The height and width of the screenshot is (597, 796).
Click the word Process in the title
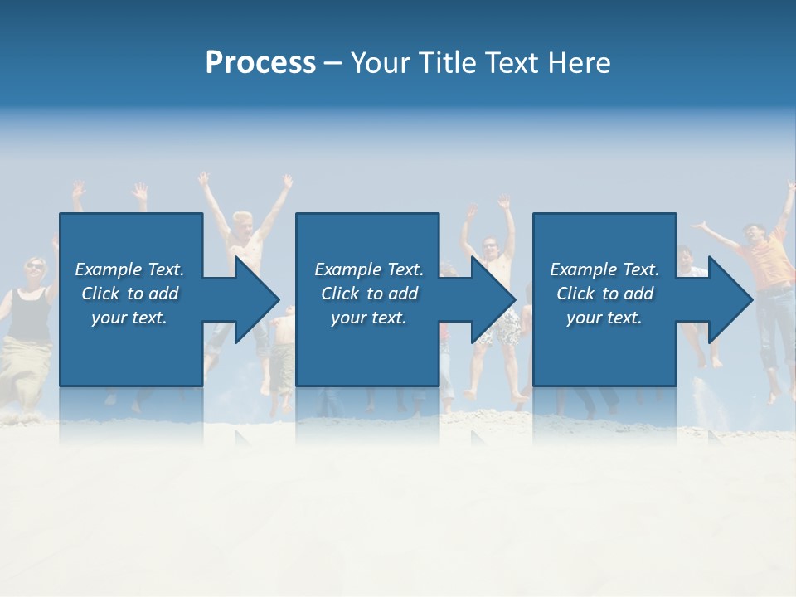point(260,63)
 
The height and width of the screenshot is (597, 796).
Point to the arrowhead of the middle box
point(493,299)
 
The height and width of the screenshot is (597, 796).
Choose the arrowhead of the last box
point(730,299)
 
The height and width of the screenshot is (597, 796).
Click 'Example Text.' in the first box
point(129,269)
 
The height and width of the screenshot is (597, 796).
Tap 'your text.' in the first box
point(129,318)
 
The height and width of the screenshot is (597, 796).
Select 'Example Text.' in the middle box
point(369,269)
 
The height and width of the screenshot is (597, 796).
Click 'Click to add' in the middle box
point(369,294)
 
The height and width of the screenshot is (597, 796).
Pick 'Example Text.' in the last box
point(604,269)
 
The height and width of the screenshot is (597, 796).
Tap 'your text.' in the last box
point(604,318)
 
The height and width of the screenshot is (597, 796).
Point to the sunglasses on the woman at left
point(35,265)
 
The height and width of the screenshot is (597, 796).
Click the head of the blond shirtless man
point(242,224)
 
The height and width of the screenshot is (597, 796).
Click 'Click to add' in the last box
point(604,294)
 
